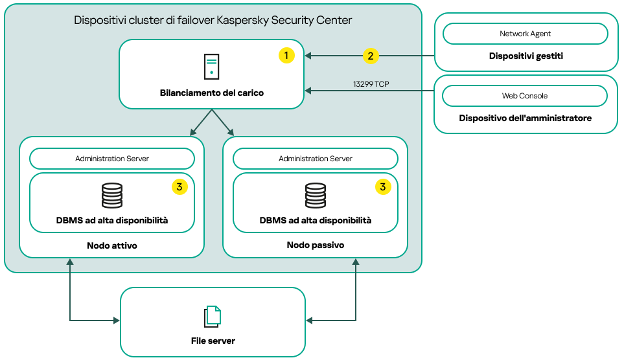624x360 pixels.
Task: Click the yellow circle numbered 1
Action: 286,56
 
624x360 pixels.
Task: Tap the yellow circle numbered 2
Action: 370,56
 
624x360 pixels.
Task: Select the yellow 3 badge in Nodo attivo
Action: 179,187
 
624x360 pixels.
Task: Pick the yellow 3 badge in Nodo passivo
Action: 383,187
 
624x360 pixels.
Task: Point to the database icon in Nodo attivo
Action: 112,196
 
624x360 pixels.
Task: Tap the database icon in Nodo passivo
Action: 316,196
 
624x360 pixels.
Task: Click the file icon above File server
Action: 213,316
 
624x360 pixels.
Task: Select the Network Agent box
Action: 525,34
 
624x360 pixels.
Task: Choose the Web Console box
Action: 525,96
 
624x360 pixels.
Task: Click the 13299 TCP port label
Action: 371,84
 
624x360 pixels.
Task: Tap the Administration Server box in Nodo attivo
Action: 112,159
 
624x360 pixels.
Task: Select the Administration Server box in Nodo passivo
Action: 316,159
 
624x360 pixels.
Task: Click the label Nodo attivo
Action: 112,245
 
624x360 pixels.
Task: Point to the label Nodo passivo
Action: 316,245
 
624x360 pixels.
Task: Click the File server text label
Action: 213,341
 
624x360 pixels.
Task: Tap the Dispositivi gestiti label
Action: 526,56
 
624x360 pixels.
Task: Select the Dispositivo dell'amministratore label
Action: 526,118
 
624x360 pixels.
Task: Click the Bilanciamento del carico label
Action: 212,93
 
